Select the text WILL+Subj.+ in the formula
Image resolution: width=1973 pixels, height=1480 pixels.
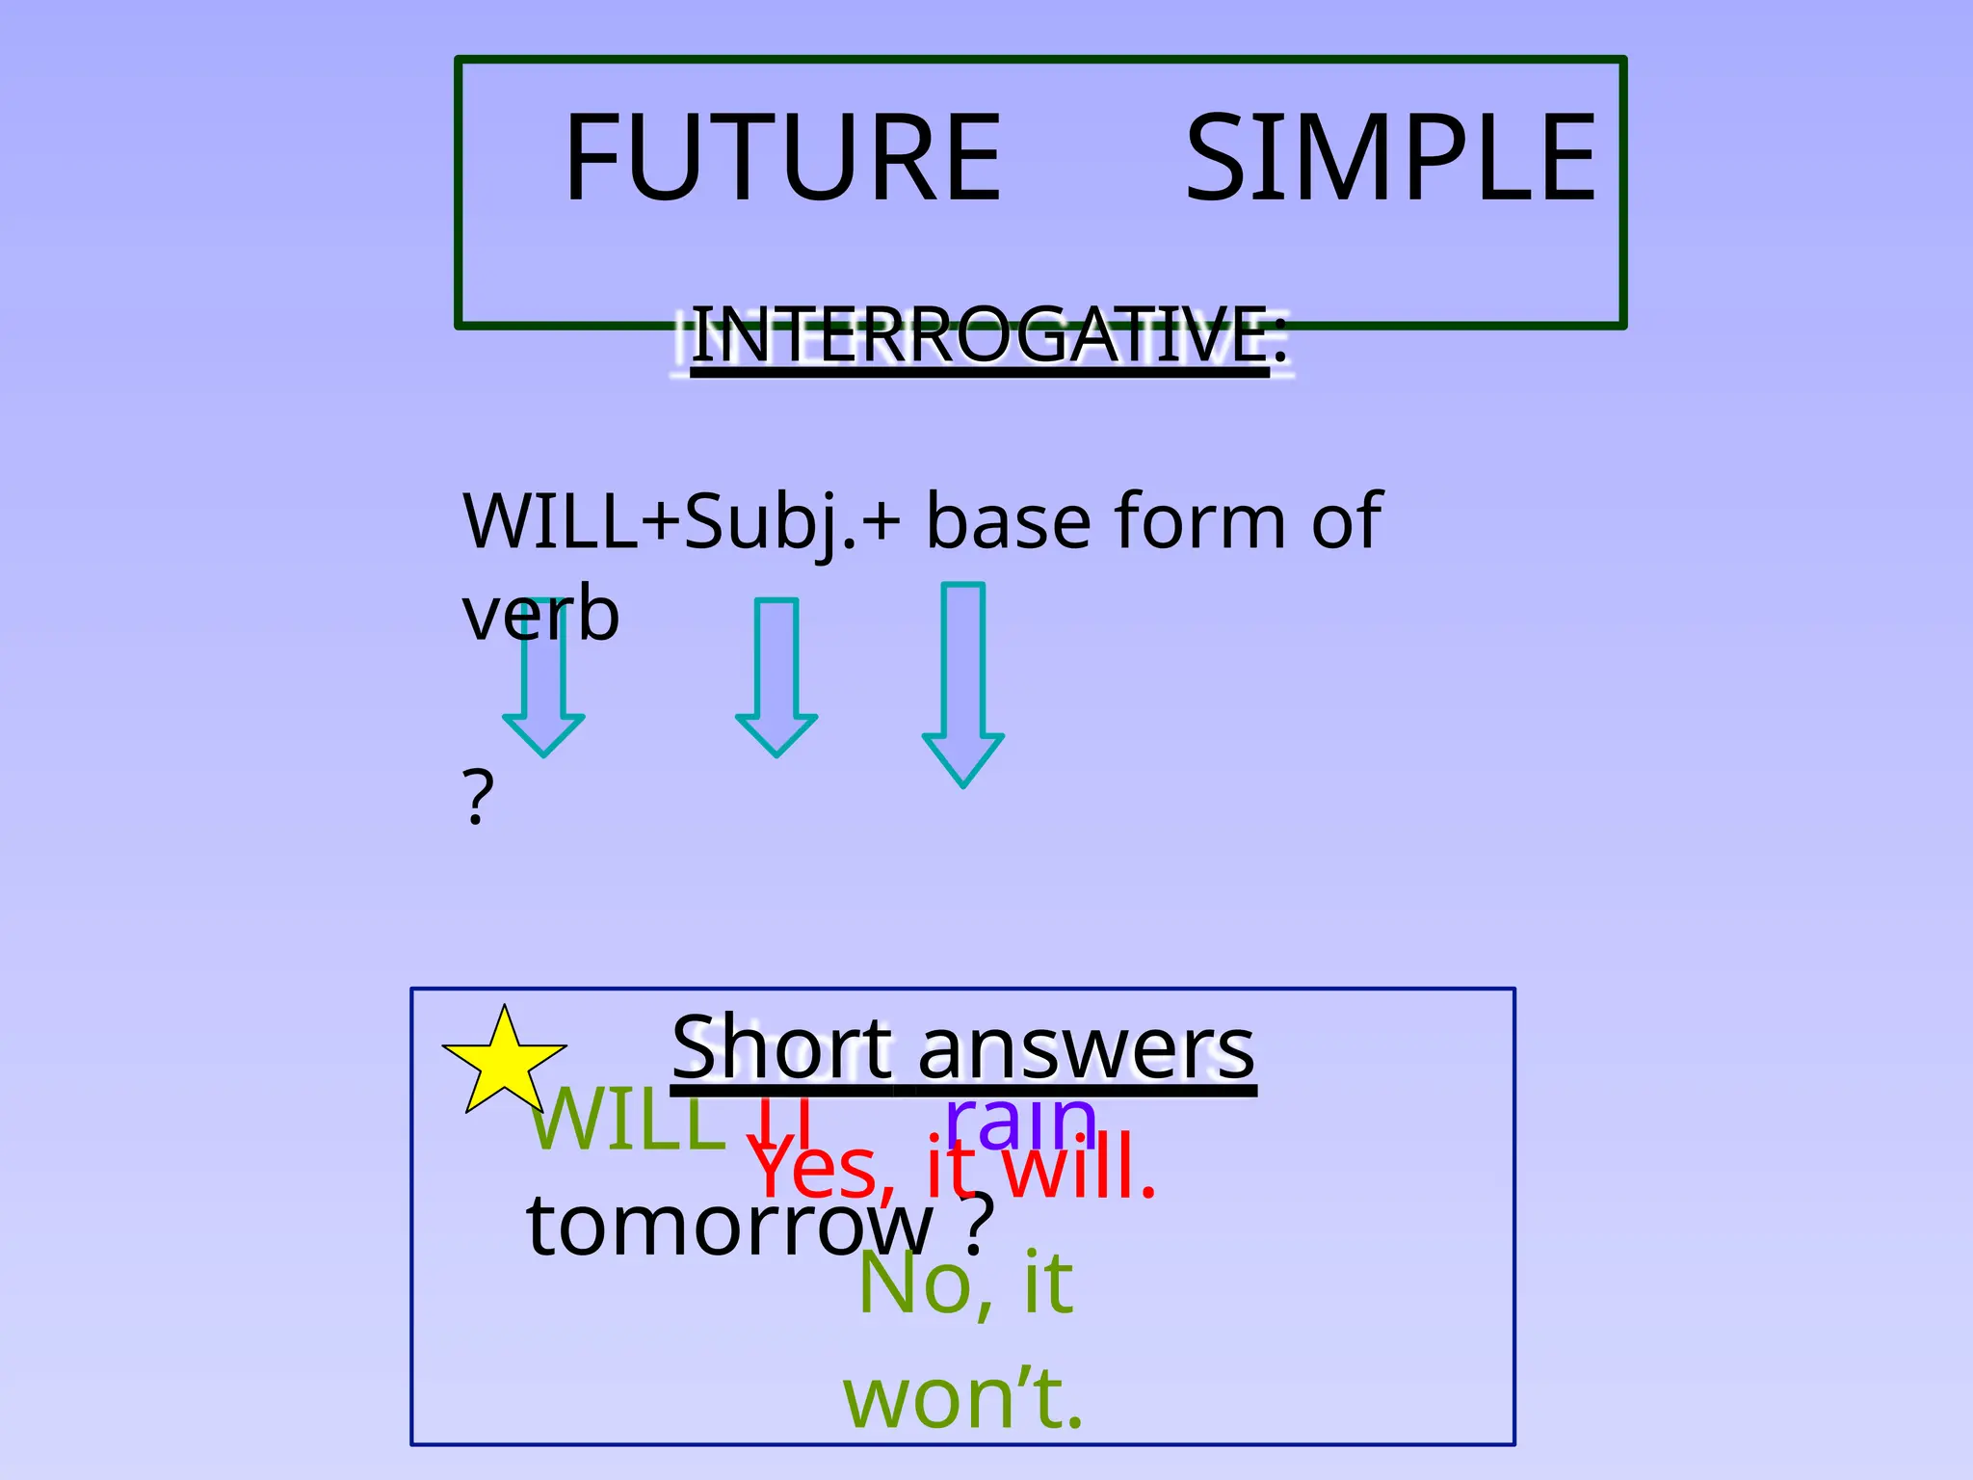pos(681,521)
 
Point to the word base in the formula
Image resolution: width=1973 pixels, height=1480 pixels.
pos(1010,521)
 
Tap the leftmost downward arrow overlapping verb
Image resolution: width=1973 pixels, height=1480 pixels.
pos(543,703)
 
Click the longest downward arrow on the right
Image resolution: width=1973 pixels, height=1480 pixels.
pos(963,684)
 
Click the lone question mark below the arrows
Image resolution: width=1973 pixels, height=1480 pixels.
pos(478,798)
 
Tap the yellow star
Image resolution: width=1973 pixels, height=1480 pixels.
pos(504,1061)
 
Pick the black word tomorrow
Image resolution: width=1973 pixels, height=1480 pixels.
pos(729,1226)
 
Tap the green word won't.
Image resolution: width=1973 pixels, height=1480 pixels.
pos(963,1398)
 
